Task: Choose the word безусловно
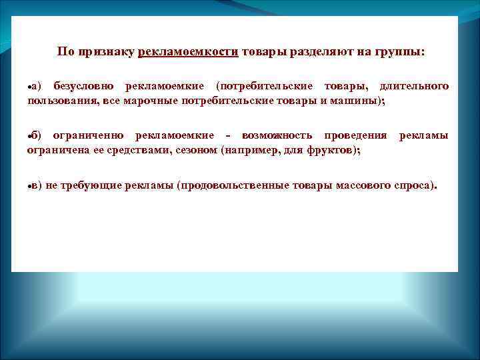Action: [83, 87]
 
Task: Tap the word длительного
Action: [414, 87]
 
